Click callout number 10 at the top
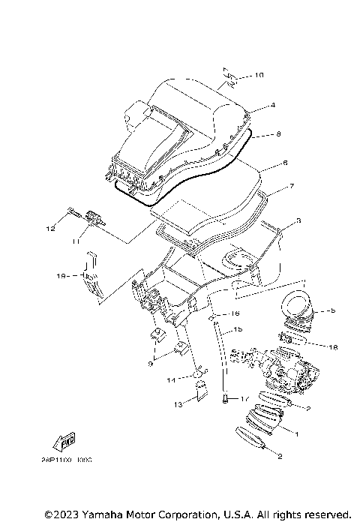point(259,76)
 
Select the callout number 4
point(273,106)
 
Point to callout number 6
point(284,163)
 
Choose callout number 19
point(64,276)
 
